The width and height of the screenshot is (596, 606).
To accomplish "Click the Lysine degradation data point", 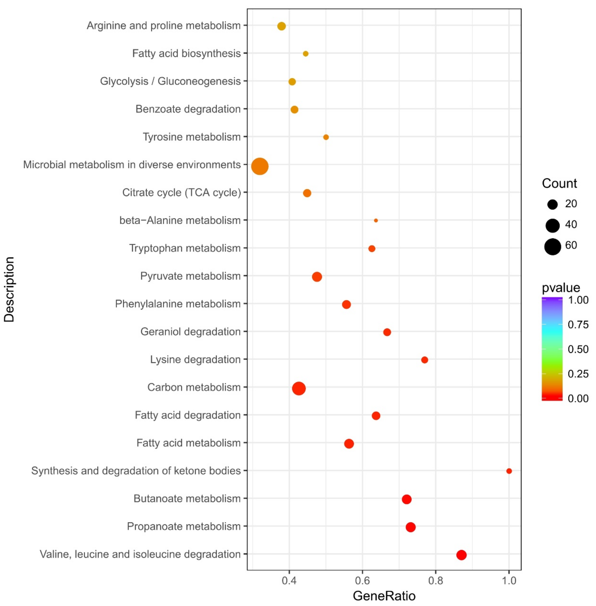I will coord(425,360).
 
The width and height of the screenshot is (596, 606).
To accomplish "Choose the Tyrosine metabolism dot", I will coord(326,137).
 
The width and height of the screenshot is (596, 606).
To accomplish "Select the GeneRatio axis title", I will coord(384,596).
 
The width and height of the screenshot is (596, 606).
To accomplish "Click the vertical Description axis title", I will coord(9,289).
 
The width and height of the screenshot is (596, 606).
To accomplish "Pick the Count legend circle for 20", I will coord(552,204).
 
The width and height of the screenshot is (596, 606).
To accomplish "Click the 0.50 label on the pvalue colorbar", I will coord(578,349).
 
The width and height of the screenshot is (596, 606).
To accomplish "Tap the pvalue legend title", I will coord(561,288).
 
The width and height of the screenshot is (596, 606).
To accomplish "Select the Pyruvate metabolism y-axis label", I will coord(190,276).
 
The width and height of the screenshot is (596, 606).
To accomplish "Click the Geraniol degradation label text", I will coord(190,331).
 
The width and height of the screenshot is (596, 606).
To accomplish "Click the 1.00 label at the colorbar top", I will coord(578,300).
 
